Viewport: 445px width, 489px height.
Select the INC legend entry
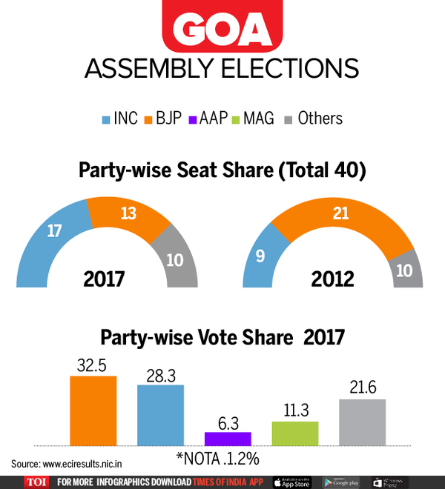[119, 118]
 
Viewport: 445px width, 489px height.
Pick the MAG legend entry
[260, 118]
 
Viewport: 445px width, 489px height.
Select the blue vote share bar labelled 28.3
[160, 414]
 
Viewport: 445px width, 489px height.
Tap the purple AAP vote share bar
[228, 438]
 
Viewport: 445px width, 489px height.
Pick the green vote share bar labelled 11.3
[295, 433]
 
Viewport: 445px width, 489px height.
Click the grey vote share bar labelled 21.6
[363, 422]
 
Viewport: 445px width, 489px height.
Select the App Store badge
[291, 482]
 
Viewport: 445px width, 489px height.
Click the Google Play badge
[342, 482]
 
